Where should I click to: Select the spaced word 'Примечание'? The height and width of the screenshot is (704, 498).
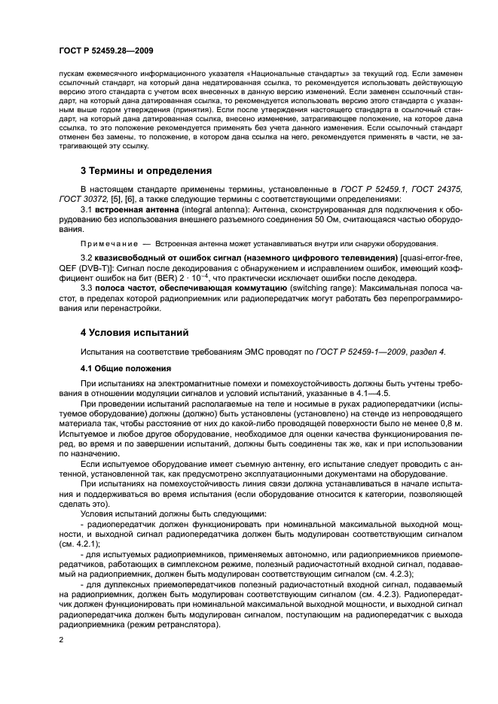(x=105, y=244)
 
